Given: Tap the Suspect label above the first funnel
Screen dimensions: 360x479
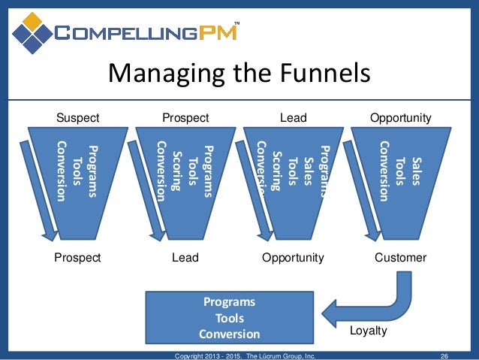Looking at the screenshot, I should pos(79,117).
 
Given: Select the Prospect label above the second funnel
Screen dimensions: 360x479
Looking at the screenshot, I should pos(185,117).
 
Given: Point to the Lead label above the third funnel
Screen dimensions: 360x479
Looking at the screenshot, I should pos(293,117).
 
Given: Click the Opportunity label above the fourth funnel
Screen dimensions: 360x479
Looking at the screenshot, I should pos(401,117).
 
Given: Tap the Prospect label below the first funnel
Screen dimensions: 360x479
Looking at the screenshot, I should pos(77,258).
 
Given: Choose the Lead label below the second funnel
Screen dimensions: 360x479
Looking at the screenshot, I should pos(185,258).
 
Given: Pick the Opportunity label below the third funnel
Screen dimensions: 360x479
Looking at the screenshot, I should pos(293,258).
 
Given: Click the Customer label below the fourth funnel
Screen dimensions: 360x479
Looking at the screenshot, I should pos(400,258).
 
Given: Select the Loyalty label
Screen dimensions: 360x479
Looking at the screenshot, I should pos(369,330).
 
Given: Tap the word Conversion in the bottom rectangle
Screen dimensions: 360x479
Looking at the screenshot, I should pos(230,334).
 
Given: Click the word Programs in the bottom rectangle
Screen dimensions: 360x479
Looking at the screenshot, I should pos(230,302).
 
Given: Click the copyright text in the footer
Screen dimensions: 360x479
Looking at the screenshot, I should pos(244,355).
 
